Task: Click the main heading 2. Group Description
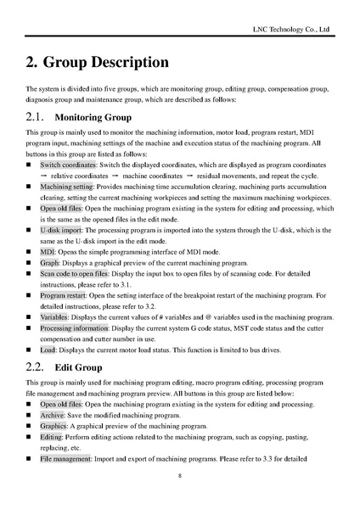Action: (x=97, y=63)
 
